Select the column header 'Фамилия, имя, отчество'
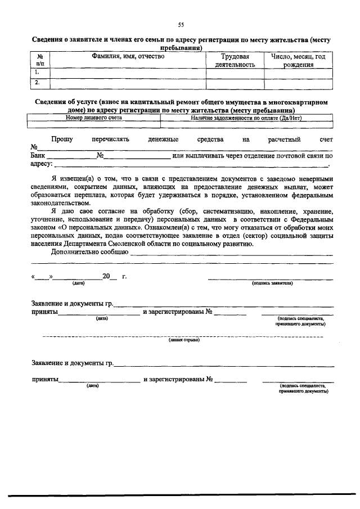coord(128,57)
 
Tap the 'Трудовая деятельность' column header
coord(235,61)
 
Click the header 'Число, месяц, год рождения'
coord(298,61)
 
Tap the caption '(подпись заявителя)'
coord(272,283)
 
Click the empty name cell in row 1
coord(128,73)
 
